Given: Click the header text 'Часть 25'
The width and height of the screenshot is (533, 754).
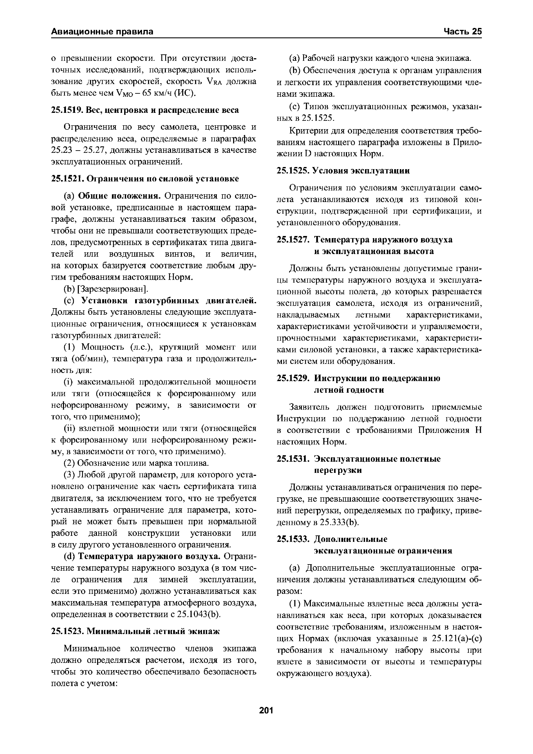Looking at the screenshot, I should tap(462, 32).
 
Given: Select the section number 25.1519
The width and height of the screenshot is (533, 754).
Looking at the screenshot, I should tap(67, 110).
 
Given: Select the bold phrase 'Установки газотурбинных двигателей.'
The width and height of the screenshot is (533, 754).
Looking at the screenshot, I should tap(169, 301).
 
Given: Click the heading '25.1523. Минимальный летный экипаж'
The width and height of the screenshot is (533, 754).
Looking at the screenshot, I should tap(135, 631).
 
